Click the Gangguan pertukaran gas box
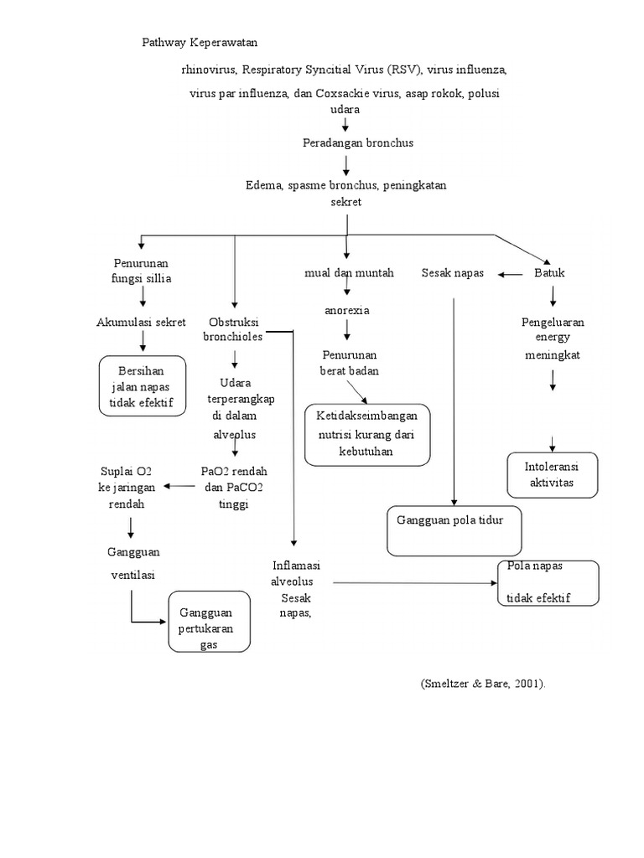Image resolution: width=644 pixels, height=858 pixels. tap(209, 621)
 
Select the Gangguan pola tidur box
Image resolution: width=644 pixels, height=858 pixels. tap(455, 530)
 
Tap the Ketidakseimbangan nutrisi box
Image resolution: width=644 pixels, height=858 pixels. tap(367, 434)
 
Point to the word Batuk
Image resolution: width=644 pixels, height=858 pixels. tap(550, 273)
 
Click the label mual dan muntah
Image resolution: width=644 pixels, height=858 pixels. tap(349, 273)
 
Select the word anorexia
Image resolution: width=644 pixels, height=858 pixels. tap(347, 311)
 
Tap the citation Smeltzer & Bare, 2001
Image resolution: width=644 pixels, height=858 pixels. tap(483, 684)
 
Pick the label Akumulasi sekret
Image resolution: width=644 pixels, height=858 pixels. tap(141, 322)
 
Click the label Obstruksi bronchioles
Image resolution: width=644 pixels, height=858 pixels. tap(235, 329)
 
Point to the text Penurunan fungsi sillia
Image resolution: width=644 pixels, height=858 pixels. tap(143, 271)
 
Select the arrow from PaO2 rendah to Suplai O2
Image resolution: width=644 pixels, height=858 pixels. tap(179, 486)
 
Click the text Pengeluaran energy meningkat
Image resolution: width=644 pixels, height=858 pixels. tap(553, 338)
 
